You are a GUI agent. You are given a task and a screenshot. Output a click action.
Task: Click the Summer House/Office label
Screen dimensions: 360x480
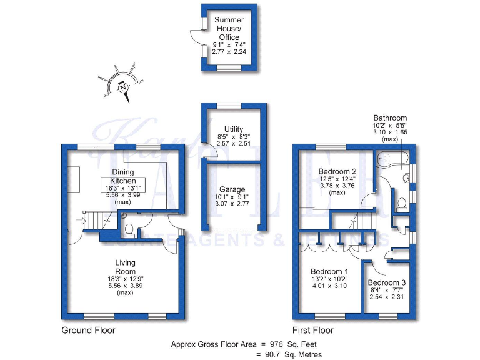[x=229, y=29]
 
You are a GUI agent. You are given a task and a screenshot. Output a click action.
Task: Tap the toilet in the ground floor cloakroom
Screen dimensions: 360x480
[x=129, y=231]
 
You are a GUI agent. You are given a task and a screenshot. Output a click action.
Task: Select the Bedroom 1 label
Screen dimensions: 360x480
[x=329, y=271]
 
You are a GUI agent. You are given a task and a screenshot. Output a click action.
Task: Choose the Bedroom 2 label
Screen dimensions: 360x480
[x=337, y=171]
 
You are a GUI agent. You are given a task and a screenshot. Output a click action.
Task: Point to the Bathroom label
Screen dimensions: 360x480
[x=390, y=117]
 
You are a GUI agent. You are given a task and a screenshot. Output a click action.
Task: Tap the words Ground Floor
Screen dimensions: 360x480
[x=88, y=330]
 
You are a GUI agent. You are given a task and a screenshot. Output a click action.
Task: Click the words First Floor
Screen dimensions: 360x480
[x=313, y=330]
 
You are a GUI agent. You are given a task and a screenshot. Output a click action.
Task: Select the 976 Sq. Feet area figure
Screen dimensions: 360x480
[x=292, y=344]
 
